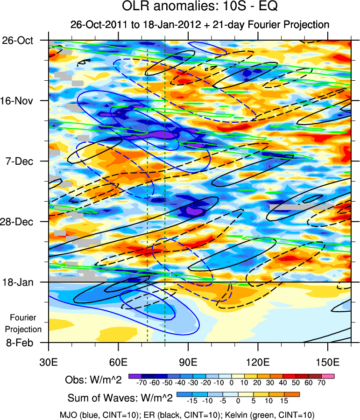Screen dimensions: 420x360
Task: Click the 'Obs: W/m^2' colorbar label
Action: pyautogui.click(x=93, y=380)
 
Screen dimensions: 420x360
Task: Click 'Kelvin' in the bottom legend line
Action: pyautogui.click(x=254, y=414)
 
